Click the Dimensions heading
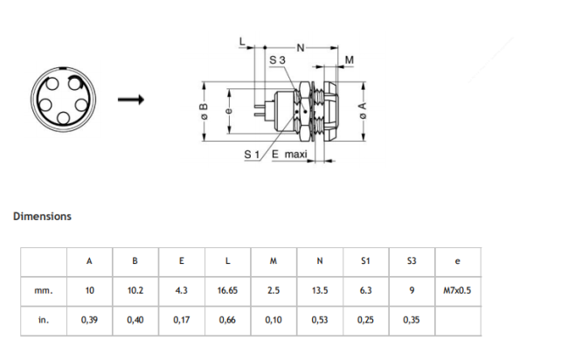[42, 216]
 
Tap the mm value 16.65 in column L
[227, 290]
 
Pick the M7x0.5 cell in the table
[457, 290]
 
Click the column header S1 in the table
[365, 260]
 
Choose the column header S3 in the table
[412, 260]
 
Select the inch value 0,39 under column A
[89, 320]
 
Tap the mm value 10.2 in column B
[135, 290]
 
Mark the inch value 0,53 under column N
[319, 320]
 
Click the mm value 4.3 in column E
[182, 290]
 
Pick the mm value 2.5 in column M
[274, 290]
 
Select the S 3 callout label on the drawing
[277, 59]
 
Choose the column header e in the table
[457, 260]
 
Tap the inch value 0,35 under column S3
[412, 320]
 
